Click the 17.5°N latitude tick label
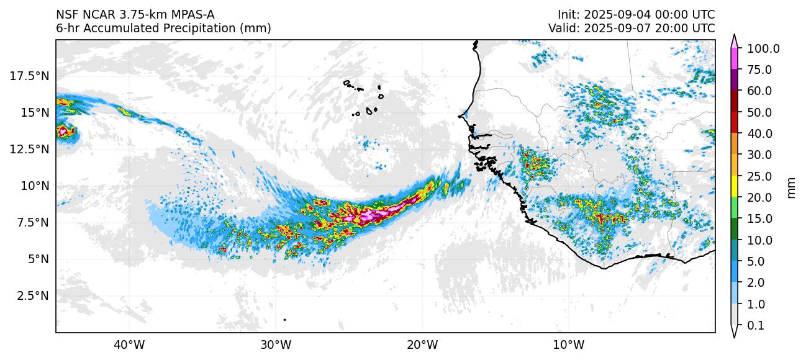click(x=29, y=76)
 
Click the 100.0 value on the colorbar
click(x=763, y=48)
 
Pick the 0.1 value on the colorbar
click(x=755, y=326)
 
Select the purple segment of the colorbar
click(x=734, y=80)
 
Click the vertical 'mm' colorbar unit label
click(x=791, y=187)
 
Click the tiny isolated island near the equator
click(x=284, y=320)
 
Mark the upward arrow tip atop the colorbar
click(x=734, y=37)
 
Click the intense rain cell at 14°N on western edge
click(x=63, y=131)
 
